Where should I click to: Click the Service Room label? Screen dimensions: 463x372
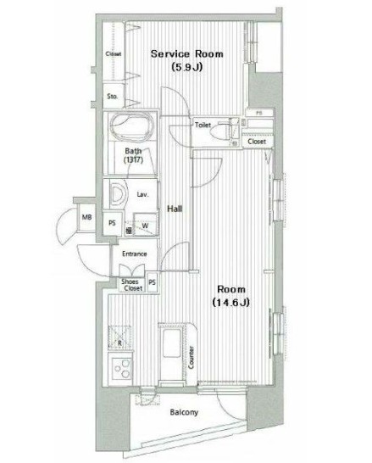(186, 53)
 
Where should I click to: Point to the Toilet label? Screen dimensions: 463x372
(202, 125)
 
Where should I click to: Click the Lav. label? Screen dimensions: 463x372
(143, 195)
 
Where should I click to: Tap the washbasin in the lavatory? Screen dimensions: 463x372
(116, 194)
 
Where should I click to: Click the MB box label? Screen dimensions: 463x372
(86, 218)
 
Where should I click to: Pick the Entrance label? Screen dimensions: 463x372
(134, 254)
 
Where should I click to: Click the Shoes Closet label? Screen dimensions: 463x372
(131, 284)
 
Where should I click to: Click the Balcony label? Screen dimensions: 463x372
(183, 413)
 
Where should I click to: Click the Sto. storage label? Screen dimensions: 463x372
(112, 97)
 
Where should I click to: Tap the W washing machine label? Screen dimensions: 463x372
(145, 225)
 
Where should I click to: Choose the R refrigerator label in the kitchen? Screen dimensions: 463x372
(119, 343)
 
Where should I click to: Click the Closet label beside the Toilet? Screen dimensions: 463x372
(256, 142)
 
